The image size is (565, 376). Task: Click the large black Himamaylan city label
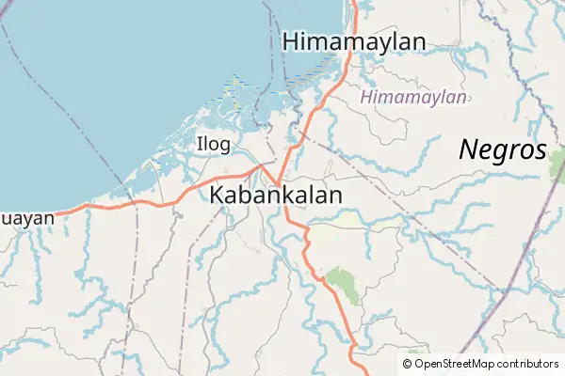(x=353, y=41)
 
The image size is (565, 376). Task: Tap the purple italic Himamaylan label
(x=413, y=97)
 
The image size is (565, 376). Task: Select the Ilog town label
(x=212, y=143)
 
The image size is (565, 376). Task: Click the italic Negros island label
(x=502, y=149)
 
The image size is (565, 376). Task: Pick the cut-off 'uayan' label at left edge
(x=26, y=217)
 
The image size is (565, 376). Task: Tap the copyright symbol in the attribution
(x=407, y=364)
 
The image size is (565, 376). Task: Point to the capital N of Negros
(x=469, y=149)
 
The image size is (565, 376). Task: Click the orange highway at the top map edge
(x=354, y=3)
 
